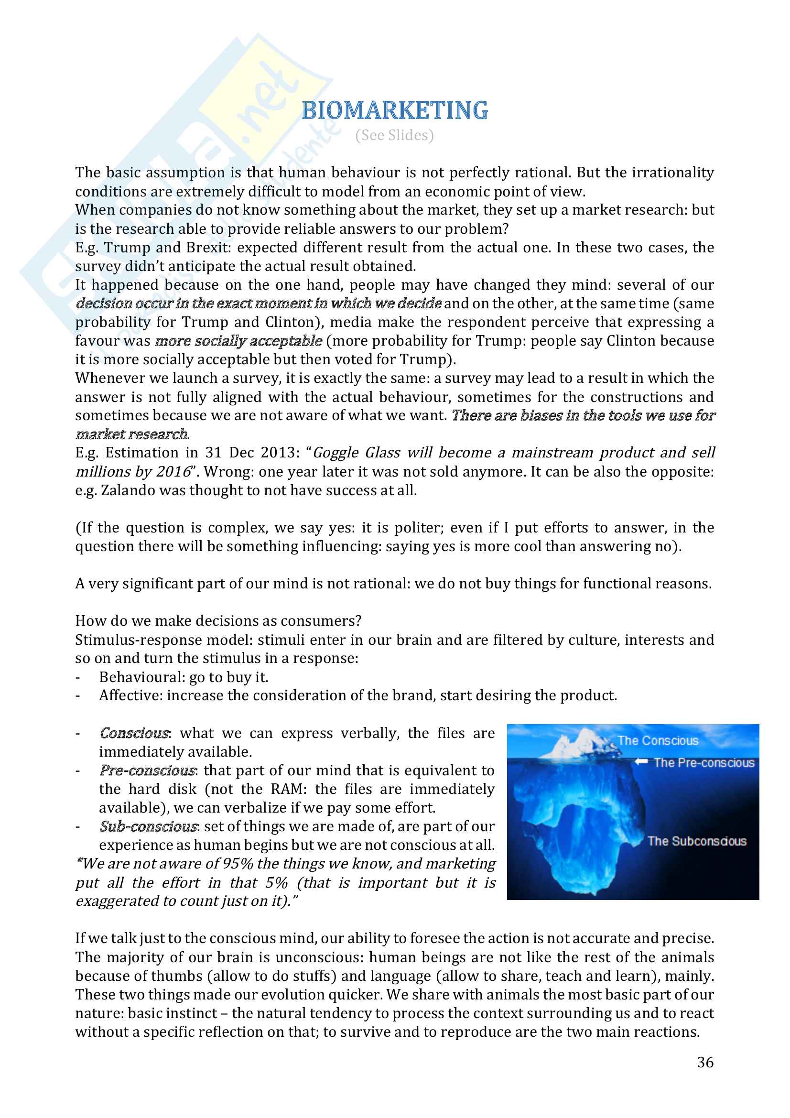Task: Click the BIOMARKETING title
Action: click(x=394, y=110)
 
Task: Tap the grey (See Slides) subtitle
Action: click(x=394, y=135)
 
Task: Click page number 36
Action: click(x=705, y=1062)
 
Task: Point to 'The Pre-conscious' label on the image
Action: click(x=703, y=762)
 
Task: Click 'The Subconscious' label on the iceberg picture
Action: click(x=696, y=841)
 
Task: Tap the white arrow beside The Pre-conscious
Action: click(x=640, y=761)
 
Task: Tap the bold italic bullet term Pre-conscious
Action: click(x=148, y=771)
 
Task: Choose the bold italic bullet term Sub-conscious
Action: click(x=148, y=826)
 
